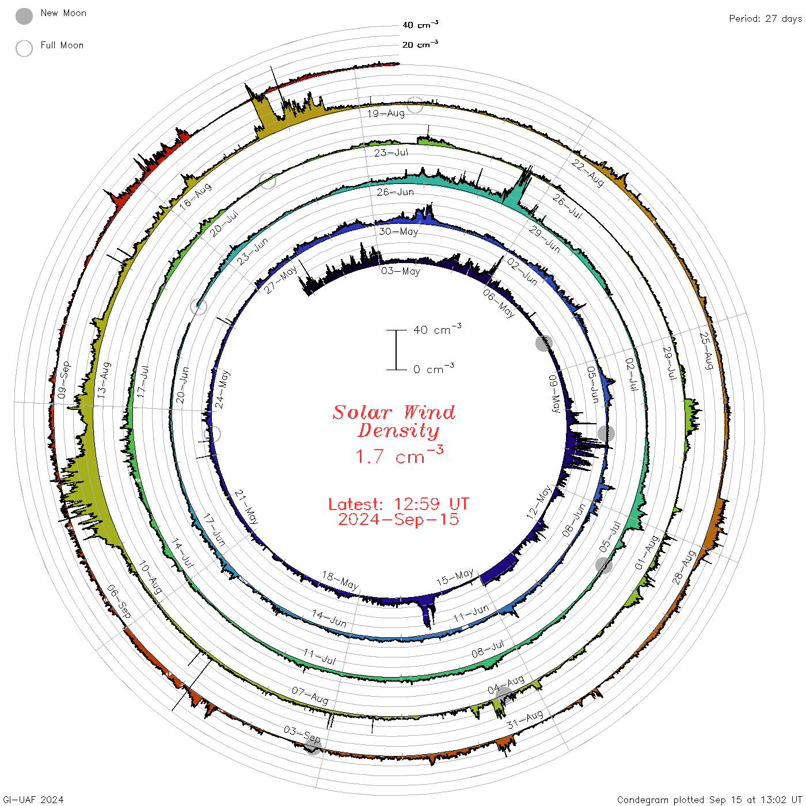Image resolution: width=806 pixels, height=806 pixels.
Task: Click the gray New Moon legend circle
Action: (x=24, y=16)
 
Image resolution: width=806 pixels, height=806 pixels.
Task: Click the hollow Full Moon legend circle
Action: (x=24, y=48)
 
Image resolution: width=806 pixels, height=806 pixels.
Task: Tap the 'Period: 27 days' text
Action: (x=765, y=19)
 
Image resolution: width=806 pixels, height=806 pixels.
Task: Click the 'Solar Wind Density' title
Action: (x=394, y=421)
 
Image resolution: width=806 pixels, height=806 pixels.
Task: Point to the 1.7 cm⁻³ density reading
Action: (x=399, y=455)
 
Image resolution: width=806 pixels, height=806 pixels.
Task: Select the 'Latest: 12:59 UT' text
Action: (x=398, y=504)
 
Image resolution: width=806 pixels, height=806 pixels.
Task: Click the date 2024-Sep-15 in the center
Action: (x=398, y=519)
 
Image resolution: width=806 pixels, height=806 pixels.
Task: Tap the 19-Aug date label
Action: (x=386, y=113)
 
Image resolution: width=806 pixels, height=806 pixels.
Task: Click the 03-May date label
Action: (x=400, y=271)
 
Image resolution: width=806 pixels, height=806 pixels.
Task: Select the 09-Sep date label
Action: (x=64, y=380)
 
